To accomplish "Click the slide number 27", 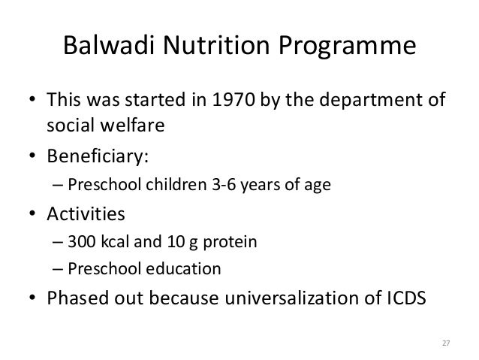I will pyautogui.click(x=444, y=343).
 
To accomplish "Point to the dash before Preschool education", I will pyautogui.click(x=59, y=268).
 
